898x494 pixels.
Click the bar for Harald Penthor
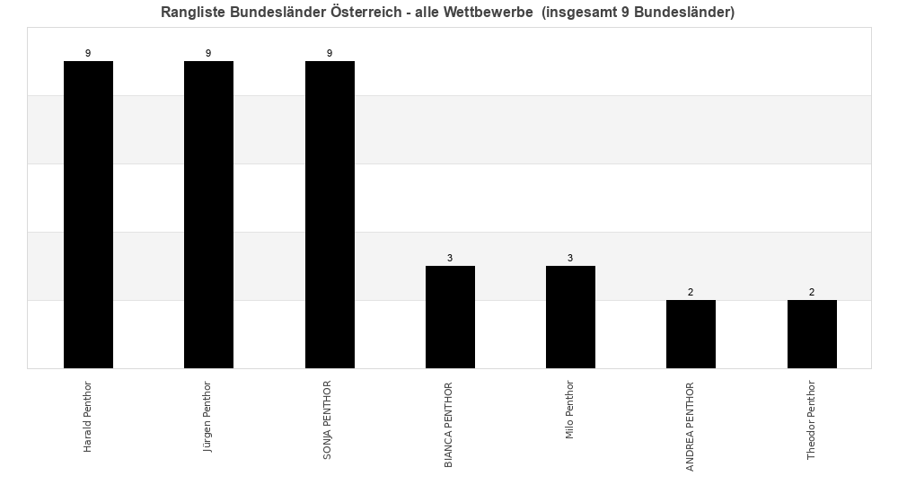[x=88, y=215]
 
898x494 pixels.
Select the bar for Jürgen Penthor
[x=208, y=215]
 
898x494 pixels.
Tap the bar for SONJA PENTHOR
[x=330, y=215]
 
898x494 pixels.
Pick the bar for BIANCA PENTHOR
[x=450, y=317]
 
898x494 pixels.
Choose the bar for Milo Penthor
[x=570, y=317]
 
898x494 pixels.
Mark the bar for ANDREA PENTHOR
[x=691, y=334]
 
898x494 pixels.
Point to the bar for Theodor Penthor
[x=812, y=334]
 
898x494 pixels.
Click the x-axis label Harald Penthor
[x=88, y=417]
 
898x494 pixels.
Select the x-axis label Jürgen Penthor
[x=208, y=417]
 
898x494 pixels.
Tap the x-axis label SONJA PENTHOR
[x=329, y=420]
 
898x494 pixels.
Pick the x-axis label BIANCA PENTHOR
[x=449, y=424]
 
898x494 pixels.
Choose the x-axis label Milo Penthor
[x=570, y=410]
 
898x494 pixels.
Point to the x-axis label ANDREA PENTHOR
[x=691, y=427]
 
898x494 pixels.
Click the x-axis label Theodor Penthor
[x=811, y=420]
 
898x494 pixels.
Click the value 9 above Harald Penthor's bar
[x=88, y=54]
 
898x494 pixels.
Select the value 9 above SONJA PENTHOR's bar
[x=330, y=54]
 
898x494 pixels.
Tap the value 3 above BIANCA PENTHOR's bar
[x=450, y=259]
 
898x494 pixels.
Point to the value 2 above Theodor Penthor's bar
[x=812, y=293]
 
